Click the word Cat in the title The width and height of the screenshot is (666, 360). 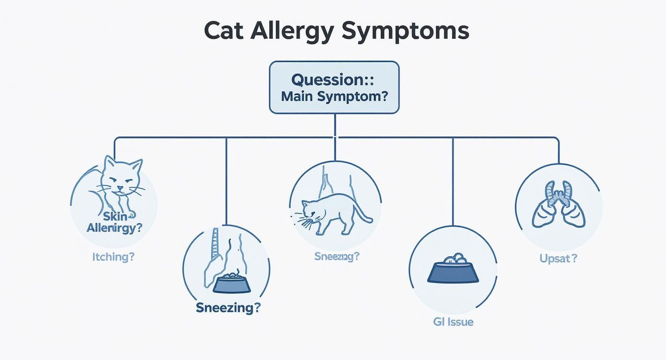coord(224,31)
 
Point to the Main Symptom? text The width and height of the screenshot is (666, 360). coord(334,96)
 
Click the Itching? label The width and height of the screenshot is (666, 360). coord(113,257)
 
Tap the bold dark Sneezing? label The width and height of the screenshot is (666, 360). coord(228,307)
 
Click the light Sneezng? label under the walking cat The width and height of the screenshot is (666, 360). coord(337,256)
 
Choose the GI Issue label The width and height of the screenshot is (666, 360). coord(453,322)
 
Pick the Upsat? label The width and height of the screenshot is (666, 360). coord(558,259)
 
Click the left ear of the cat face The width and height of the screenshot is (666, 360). coord(110,162)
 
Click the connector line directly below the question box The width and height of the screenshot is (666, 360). coord(335,125)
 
